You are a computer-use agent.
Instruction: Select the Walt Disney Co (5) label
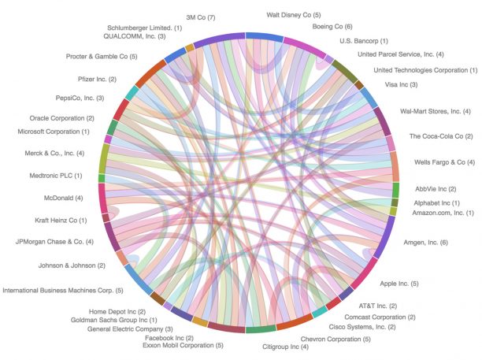coord(293,14)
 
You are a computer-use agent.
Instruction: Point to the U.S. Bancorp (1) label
coord(363,40)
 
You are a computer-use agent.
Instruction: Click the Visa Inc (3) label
coord(401,84)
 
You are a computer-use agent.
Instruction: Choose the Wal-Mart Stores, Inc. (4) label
coord(436,111)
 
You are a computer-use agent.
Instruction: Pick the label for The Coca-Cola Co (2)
coord(440,136)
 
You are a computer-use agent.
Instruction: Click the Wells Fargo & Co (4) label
coord(444,161)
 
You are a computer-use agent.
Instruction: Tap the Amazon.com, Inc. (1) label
coord(443,213)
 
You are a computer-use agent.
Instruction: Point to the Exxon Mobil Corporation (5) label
coord(183,345)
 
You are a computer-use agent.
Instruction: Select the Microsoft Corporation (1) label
coord(53,131)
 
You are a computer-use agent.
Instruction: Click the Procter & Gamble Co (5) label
coord(102,57)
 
